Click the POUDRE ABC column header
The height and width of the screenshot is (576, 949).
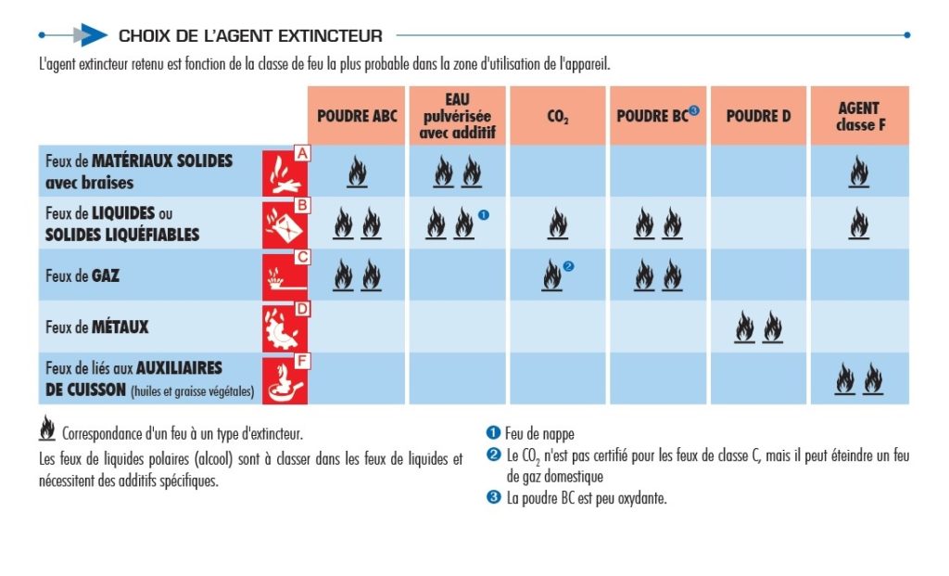tap(357, 116)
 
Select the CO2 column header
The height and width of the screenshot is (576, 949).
tap(558, 117)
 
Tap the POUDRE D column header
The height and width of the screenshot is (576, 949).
tap(758, 116)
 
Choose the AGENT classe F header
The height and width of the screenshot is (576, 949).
tap(859, 116)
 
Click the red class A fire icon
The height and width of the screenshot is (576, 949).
tap(285, 171)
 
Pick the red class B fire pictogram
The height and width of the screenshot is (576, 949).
tap(285, 223)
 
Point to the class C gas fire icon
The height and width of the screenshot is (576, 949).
tap(285, 275)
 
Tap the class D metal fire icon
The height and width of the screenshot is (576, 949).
tap(285, 326)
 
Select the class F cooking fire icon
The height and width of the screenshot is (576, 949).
tap(285, 378)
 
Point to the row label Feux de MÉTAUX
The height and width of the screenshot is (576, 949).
tap(96, 327)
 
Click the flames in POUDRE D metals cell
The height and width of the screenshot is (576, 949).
tap(758, 327)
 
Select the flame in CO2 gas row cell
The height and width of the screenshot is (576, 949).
tap(552, 275)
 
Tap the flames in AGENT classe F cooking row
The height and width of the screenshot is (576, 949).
tap(859, 379)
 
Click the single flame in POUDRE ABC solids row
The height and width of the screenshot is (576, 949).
tap(357, 172)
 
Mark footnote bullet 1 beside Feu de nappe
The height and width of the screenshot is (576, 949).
tap(492, 433)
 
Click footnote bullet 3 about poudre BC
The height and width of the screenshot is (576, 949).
tap(492, 498)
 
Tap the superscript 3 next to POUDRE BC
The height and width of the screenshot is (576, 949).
tap(694, 111)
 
